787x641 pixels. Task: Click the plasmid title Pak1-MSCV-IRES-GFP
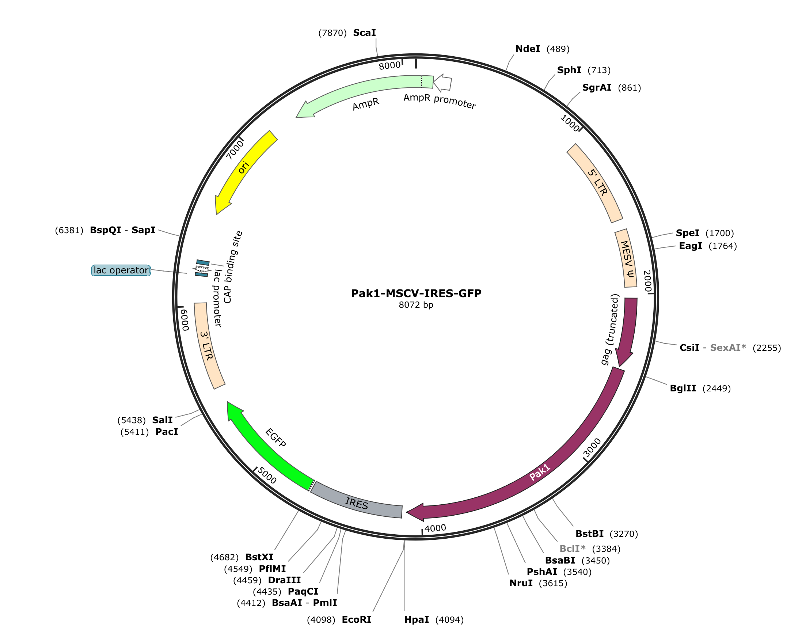416,293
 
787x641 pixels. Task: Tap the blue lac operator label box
121,270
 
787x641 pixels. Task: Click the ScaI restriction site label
364,33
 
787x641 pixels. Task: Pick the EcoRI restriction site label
357,619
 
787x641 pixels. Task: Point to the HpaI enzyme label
417,619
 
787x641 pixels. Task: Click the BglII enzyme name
683,388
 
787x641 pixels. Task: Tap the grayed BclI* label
573,549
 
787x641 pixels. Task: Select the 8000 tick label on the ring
390,65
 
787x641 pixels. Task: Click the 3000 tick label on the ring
592,447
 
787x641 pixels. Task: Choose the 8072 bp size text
416,305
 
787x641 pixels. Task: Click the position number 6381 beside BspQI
69,230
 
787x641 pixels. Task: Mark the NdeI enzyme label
528,49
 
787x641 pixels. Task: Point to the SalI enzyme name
163,420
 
